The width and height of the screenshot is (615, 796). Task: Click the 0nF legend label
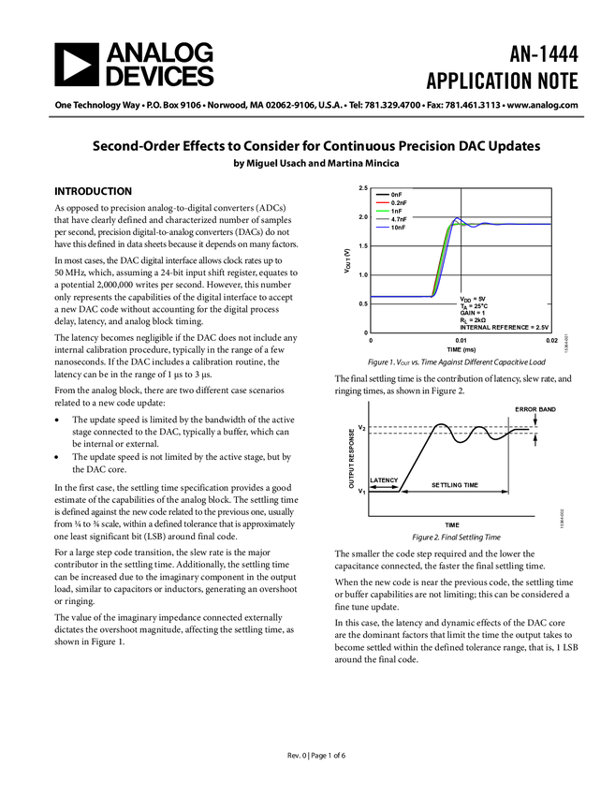[397, 195]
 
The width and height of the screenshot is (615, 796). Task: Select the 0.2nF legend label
[399, 203]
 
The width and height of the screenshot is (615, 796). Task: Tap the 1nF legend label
[397, 212]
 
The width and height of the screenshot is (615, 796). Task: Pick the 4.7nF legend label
[399, 220]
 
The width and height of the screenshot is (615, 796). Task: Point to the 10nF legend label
[398, 228]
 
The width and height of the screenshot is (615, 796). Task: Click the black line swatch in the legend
[382, 195]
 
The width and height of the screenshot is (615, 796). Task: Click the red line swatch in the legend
[382, 203]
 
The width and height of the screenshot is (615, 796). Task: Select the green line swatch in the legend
[382, 212]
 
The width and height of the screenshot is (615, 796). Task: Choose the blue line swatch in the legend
[382, 228]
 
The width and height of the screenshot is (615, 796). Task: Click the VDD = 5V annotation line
[473, 299]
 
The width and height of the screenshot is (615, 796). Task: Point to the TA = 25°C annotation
[474, 306]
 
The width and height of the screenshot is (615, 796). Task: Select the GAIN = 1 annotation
[473, 313]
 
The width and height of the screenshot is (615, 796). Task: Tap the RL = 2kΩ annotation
[473, 320]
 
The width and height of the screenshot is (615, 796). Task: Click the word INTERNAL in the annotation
[475, 328]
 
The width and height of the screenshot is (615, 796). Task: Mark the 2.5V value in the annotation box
[541, 328]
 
